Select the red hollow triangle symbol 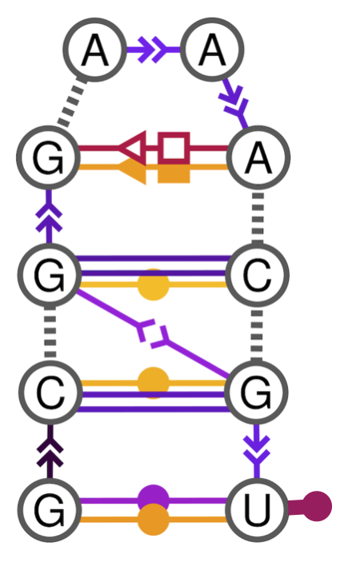pyautogui.click(x=132, y=148)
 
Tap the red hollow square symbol pyautogui.click(x=173, y=148)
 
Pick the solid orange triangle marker pyautogui.click(x=133, y=170)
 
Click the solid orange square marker pyautogui.click(x=173, y=170)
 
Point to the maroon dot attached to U pyautogui.click(x=317, y=506)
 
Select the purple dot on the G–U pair pyautogui.click(x=152, y=499)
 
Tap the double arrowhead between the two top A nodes pyautogui.click(x=153, y=51)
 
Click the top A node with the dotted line pyautogui.click(x=94, y=51)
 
